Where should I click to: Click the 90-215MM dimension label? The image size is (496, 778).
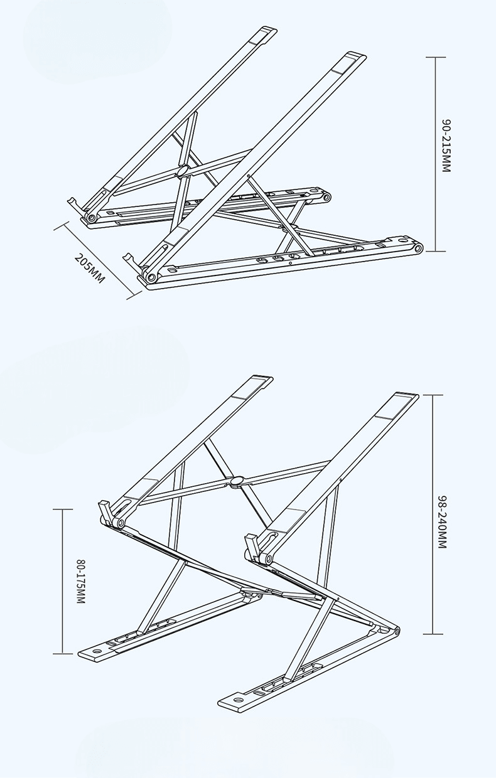click(446, 146)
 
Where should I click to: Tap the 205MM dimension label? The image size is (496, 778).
click(90, 269)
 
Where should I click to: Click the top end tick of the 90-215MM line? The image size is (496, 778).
click(436, 57)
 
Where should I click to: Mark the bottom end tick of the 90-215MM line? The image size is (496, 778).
click(436, 251)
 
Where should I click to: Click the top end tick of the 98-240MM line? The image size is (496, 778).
click(433, 395)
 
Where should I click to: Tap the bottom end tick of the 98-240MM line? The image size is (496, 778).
click(433, 634)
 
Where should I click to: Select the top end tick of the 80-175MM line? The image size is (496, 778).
click(63, 509)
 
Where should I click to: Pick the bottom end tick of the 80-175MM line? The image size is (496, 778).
click(63, 654)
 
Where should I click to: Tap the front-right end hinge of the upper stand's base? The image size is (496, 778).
click(419, 248)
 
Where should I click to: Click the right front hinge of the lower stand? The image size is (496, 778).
click(268, 559)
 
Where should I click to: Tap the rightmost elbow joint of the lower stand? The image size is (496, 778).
click(396, 631)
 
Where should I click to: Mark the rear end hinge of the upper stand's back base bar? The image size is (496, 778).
click(326, 198)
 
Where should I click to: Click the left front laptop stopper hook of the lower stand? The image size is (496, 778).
click(105, 511)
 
